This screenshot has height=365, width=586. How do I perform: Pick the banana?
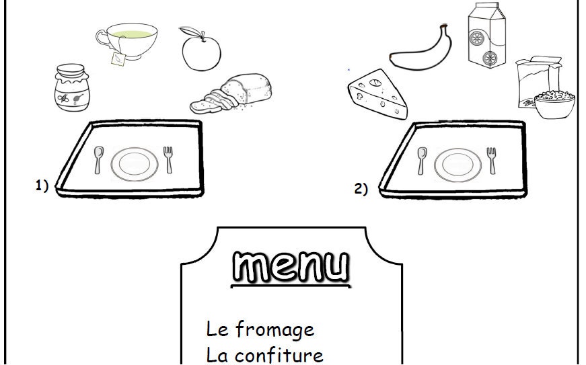click(420, 49)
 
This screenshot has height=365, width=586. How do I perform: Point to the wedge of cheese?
click(378, 93)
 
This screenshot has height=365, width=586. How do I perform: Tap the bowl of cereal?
click(554, 106)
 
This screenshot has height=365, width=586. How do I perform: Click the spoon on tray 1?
click(98, 159)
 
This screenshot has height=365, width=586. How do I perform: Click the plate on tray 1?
click(135, 164)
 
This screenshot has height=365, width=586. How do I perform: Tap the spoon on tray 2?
click(422, 160)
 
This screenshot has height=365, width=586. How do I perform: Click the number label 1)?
click(42, 186)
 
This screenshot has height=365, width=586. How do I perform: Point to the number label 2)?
click(361, 190)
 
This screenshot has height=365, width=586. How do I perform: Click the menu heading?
click(291, 266)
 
